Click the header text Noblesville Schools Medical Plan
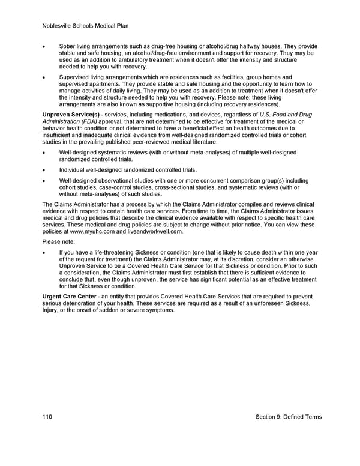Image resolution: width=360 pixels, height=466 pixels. point(86,26)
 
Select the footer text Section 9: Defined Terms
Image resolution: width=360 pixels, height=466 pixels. point(288,417)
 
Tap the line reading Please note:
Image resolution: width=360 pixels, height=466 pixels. point(59,241)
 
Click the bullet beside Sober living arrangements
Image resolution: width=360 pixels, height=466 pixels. point(44,47)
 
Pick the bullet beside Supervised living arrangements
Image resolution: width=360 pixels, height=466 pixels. point(44,77)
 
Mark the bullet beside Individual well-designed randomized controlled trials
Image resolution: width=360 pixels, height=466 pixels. point(44,170)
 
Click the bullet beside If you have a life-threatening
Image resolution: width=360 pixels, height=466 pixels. point(44,253)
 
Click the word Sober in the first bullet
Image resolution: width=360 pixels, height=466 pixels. point(68,47)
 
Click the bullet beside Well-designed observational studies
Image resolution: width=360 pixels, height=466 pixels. point(44,180)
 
